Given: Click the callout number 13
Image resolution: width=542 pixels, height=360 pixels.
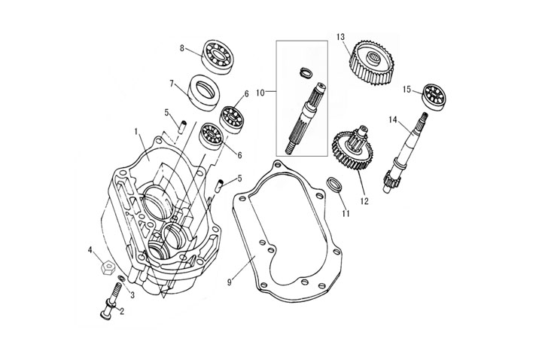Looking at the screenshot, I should point(340,37).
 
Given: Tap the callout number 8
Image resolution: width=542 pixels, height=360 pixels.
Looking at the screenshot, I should point(181,48).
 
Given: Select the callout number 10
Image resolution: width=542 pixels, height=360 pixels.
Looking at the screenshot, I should point(261,93).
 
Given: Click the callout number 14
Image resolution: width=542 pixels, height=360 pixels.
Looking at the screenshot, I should point(393,120).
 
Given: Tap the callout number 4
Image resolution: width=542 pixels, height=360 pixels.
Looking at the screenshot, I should point(90,250).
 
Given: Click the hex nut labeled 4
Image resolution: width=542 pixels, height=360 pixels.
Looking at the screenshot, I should point(108,266).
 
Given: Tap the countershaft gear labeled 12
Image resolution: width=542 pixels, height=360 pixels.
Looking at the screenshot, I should point(352,151).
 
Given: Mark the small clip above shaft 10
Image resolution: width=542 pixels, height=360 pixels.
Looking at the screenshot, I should point(305,72).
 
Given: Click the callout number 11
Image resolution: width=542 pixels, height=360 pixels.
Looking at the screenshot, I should point(346,215).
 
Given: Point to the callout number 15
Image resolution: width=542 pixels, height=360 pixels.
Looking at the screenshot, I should point(406,90).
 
